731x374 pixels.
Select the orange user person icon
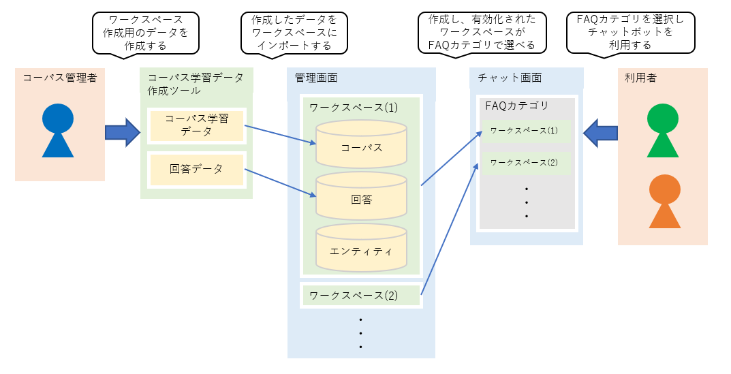[662, 202]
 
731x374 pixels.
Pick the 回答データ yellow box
[196, 169]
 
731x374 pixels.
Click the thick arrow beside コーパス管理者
[122, 131]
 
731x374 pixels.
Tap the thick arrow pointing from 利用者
[601, 131]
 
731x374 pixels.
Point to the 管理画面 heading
[316, 79]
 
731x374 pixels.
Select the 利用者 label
[640, 78]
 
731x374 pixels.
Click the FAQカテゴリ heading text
[517, 106]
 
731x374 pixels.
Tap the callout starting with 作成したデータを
[294, 33]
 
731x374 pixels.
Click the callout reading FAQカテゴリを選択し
[630, 33]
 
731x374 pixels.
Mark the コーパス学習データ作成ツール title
[196, 83]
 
